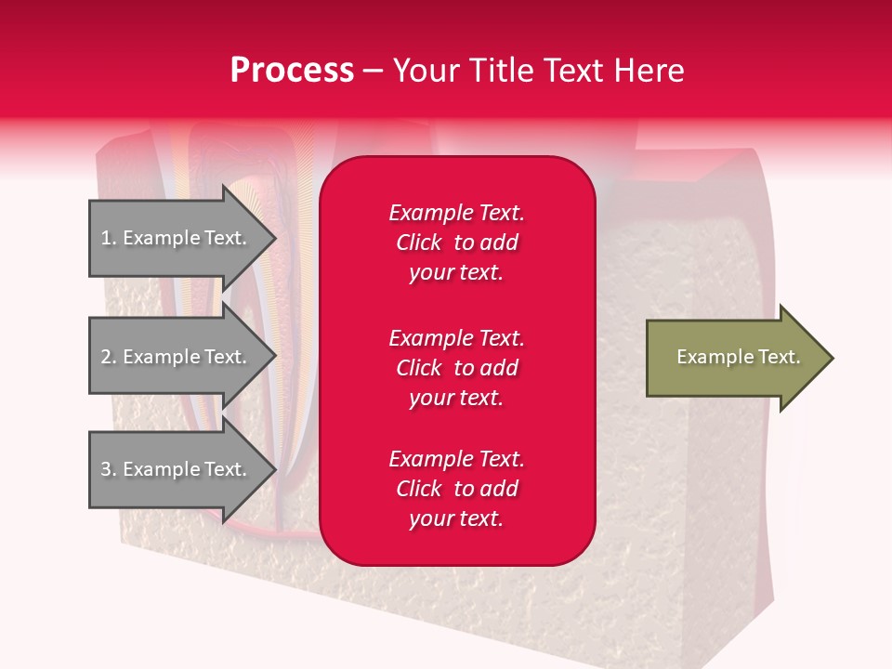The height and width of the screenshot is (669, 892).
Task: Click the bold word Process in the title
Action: pos(292,71)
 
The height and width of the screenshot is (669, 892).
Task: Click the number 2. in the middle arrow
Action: pos(109,357)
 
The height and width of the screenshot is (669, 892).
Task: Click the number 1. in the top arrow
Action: pos(109,238)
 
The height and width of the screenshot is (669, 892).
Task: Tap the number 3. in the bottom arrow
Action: pos(109,469)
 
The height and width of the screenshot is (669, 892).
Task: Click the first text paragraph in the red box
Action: pos(456,243)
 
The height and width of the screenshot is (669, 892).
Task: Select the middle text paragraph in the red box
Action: pos(456,368)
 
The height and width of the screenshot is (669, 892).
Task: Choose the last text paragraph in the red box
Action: pos(456,489)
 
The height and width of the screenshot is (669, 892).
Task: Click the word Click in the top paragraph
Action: pos(418,243)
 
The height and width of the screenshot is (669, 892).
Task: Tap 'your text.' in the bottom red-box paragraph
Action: pos(456,518)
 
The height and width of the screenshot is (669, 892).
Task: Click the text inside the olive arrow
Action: pos(738,357)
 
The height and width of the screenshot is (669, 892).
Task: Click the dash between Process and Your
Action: pos(373,72)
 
